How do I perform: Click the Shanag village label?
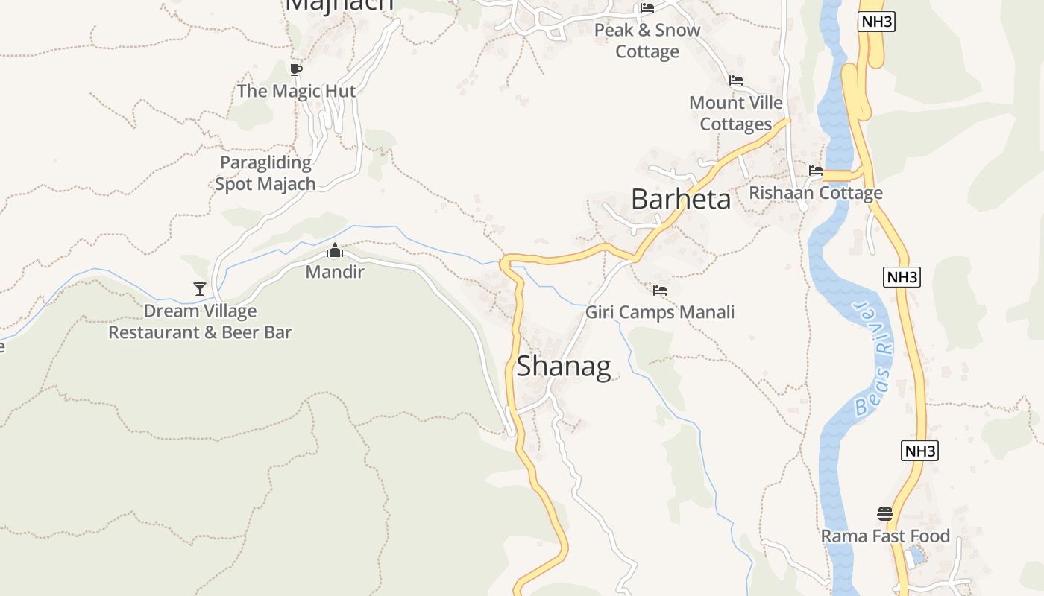[x=564, y=366]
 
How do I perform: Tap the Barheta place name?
[x=681, y=200]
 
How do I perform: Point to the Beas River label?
[x=873, y=358]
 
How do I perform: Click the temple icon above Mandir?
[x=335, y=250]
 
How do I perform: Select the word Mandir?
[x=335, y=272]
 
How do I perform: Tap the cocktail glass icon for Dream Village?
[x=199, y=288]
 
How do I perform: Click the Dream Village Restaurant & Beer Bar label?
[x=200, y=322]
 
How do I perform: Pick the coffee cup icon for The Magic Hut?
[x=295, y=70]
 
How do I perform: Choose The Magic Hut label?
[x=296, y=91]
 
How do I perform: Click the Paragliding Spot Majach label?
[x=265, y=173]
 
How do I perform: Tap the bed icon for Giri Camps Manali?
[x=659, y=291]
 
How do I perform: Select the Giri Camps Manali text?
[x=659, y=312]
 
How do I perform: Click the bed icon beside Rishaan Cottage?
[x=815, y=171]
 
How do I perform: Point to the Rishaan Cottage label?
[x=815, y=193]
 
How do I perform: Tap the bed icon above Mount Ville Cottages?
[x=736, y=80]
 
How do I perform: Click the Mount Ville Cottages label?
[x=736, y=113]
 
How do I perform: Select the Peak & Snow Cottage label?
[x=647, y=40]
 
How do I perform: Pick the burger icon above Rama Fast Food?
[x=885, y=514]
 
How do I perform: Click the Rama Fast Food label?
[x=885, y=536]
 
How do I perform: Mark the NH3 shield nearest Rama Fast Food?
[x=919, y=451]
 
